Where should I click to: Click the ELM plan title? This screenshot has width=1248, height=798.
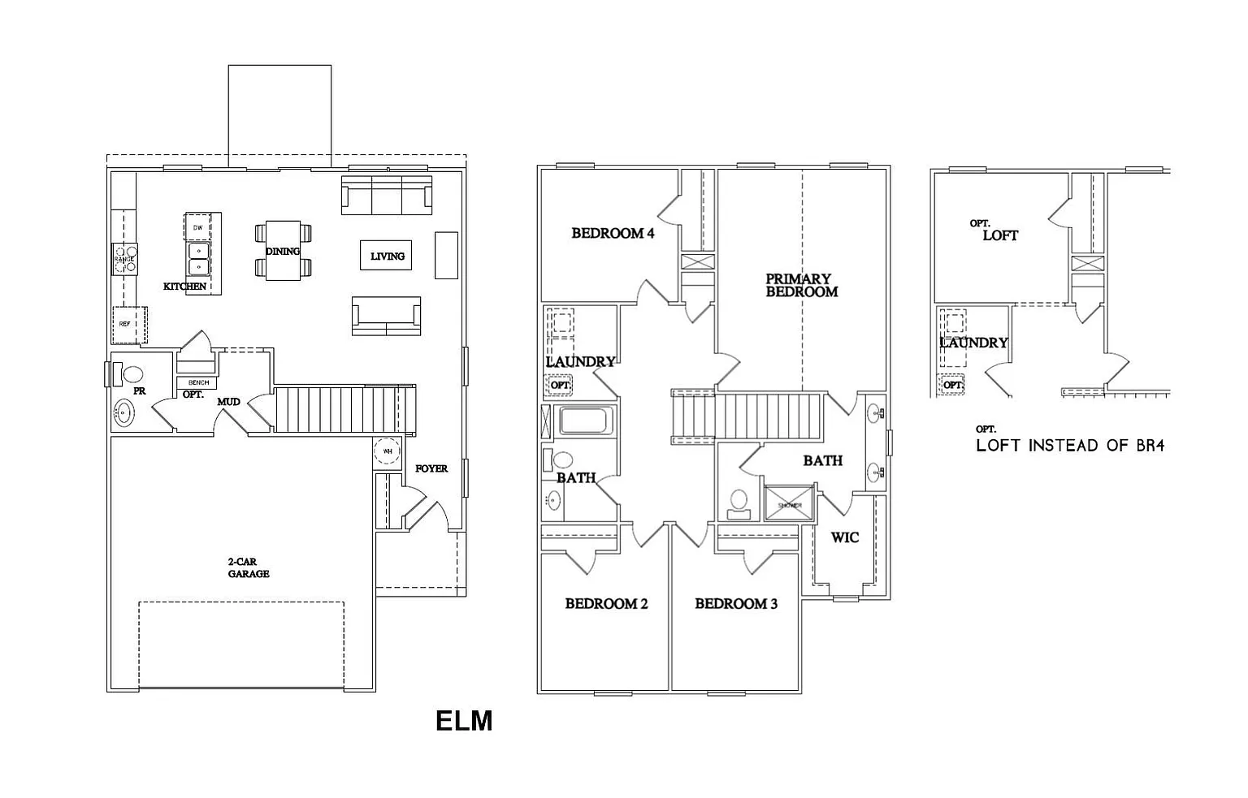click(464, 721)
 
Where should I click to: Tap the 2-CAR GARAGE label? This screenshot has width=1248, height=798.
click(248, 567)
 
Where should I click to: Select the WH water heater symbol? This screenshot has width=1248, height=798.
click(388, 451)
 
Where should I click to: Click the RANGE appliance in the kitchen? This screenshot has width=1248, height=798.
click(124, 259)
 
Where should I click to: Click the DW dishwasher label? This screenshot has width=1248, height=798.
click(197, 228)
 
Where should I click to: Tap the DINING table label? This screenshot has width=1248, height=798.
click(283, 252)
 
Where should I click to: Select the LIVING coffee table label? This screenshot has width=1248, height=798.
click(387, 256)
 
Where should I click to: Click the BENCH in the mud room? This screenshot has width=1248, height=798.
click(198, 382)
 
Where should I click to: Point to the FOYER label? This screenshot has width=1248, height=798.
click(431, 468)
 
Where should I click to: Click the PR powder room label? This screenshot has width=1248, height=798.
click(139, 391)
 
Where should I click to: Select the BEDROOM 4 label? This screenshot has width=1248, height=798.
click(613, 234)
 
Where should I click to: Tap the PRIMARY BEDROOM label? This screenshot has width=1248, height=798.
click(801, 285)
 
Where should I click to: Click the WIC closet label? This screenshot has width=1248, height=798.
click(845, 537)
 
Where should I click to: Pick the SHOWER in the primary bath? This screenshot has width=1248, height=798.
click(789, 505)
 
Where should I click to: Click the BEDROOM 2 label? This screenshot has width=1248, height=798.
click(606, 604)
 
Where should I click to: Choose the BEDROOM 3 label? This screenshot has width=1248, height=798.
click(736, 604)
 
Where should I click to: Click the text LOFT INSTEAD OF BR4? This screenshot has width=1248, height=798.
click(1070, 445)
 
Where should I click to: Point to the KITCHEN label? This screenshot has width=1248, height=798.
click(184, 287)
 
